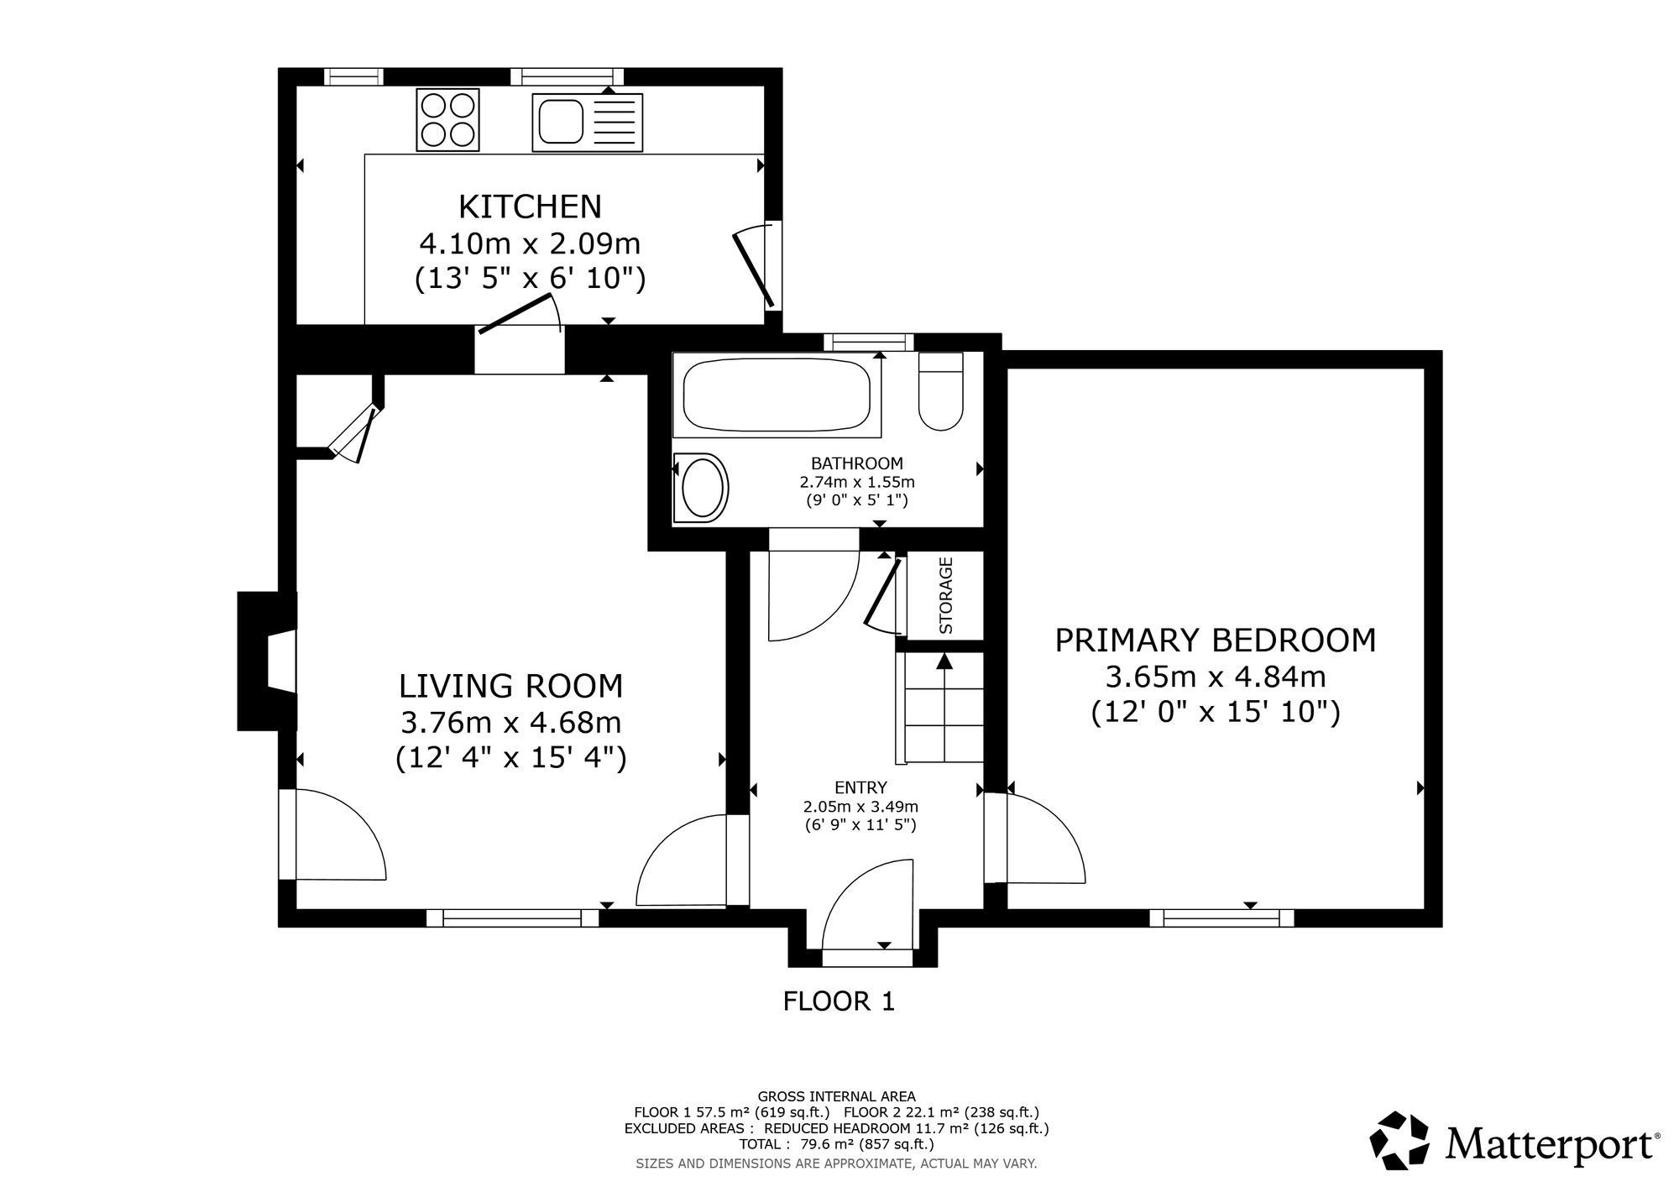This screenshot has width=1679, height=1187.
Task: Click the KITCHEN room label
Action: coord(531,206)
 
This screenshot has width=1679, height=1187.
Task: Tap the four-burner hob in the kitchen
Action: coord(447,120)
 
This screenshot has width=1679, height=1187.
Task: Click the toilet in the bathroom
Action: coord(941,391)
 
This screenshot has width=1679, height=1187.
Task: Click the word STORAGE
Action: coord(946,595)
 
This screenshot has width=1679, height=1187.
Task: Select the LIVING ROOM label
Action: coord(511,686)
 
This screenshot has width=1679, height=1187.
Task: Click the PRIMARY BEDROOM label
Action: coord(1216,641)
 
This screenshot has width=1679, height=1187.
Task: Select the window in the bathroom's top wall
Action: coord(868,342)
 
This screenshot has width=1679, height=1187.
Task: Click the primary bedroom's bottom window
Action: coord(1221,918)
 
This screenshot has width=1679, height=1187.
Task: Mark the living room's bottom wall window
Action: coord(512,918)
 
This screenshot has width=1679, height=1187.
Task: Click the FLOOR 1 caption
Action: coord(839,1001)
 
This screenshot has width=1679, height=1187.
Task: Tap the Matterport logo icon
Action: coord(1399,1140)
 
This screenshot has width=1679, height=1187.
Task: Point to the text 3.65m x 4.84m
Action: coord(1215,677)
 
